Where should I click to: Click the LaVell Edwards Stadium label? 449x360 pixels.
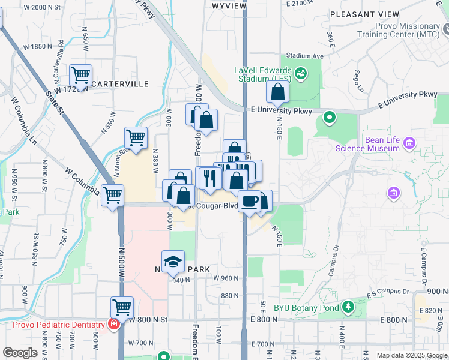pos(263,74)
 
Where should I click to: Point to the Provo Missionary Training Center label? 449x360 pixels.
pos(408,30)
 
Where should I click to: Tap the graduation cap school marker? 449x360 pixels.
pos(173,260)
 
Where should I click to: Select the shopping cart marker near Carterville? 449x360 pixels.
pos(80,75)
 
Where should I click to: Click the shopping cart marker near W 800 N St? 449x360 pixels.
pos(122,307)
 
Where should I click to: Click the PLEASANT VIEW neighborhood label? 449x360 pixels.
pos(364,14)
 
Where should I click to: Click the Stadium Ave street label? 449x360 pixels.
pos(305,55)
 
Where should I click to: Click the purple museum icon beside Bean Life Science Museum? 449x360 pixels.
pos(410,143)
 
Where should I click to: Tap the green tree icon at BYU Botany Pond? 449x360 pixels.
pos(348,308)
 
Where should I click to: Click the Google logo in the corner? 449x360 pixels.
pos(20,353)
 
